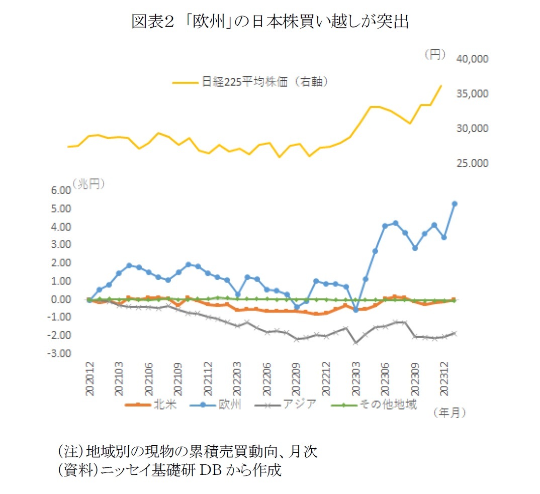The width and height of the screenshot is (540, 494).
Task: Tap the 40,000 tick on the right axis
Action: pyautogui.click(x=472, y=59)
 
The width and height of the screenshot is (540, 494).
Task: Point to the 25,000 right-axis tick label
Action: pyautogui.click(x=472, y=163)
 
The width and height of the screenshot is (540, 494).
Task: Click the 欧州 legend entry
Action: pyautogui.click(x=232, y=405)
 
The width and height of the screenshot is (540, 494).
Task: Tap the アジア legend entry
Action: pyautogui.click(x=301, y=405)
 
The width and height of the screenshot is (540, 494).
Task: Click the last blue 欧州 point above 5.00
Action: pyautogui.click(x=454, y=204)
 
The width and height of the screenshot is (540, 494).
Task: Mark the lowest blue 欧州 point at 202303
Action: pyautogui.click(x=356, y=310)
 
